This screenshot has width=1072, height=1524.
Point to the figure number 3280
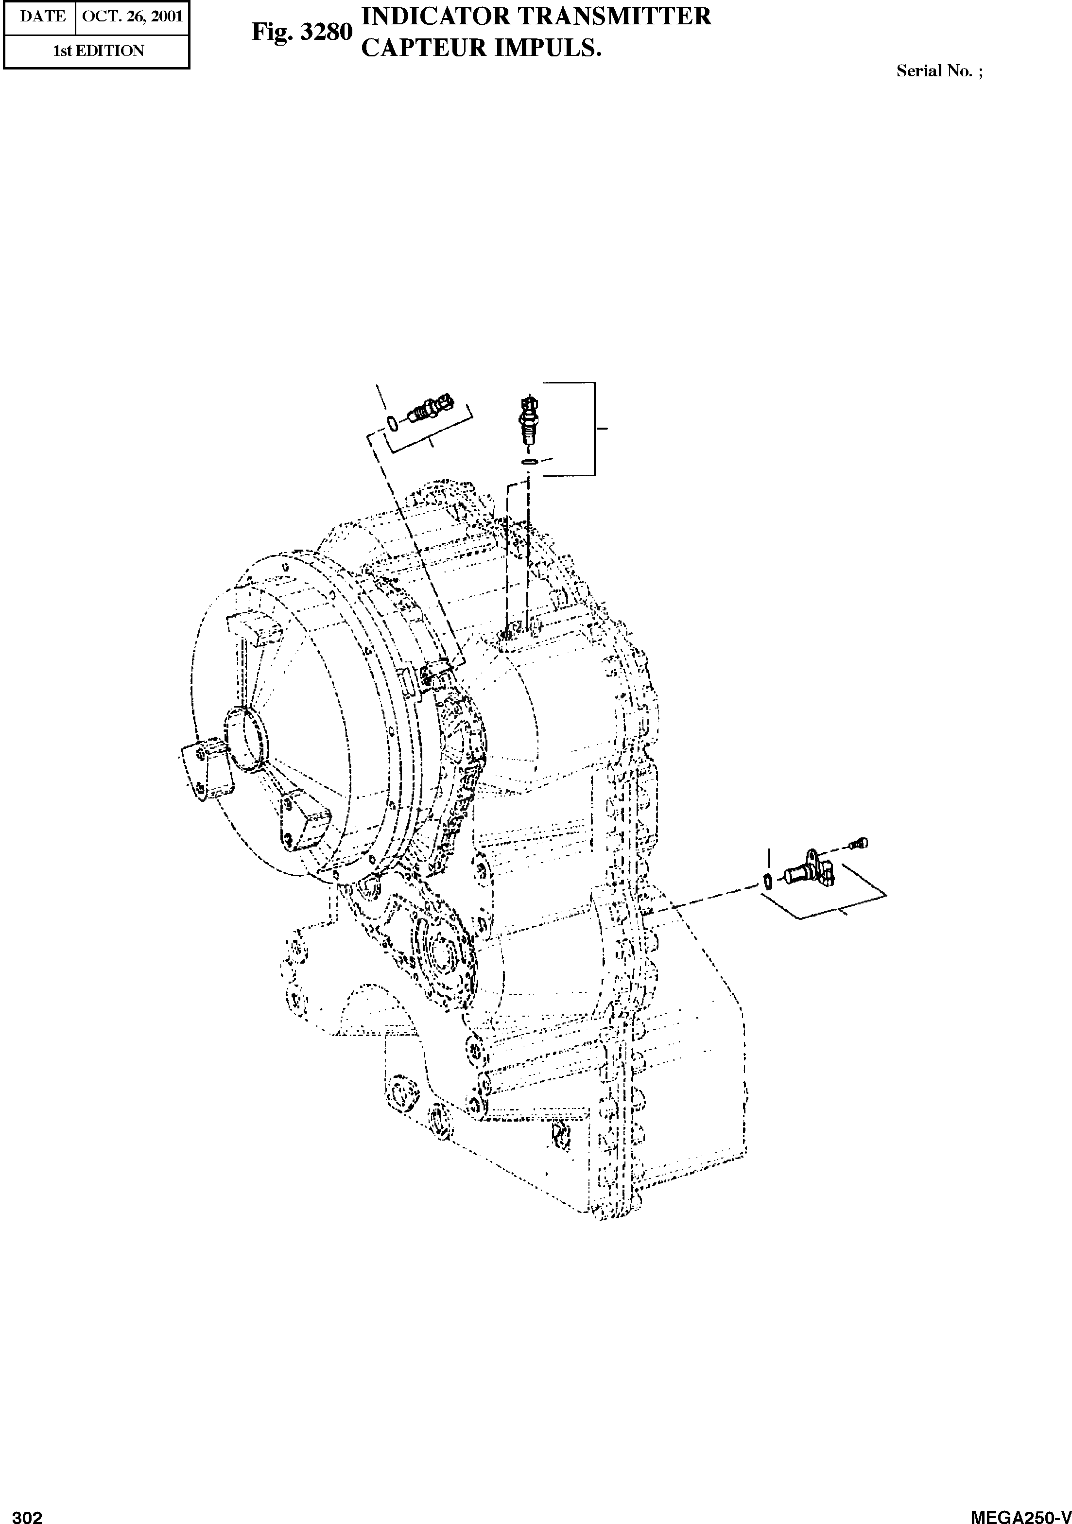tap(325, 32)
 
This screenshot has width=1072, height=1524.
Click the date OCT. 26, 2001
tap(132, 16)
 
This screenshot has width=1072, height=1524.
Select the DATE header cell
tap(42, 16)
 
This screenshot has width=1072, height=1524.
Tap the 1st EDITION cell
tap(98, 51)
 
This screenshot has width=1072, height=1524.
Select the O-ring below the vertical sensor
tap(529, 461)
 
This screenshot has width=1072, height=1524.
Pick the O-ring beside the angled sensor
tap(392, 423)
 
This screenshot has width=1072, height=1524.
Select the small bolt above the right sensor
tap(860, 843)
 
